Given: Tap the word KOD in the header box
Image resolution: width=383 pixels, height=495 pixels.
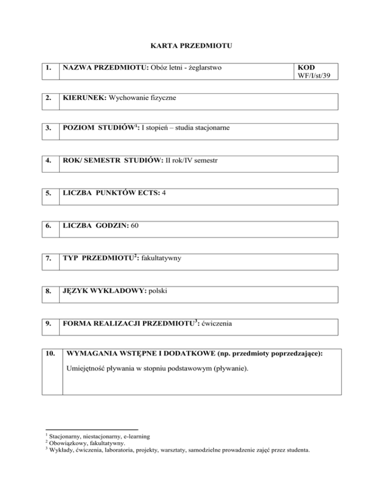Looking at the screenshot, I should (305, 67).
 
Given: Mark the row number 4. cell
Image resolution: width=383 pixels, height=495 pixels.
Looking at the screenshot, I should (48, 162).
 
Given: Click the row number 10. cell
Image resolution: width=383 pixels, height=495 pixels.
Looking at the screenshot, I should (50, 355).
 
